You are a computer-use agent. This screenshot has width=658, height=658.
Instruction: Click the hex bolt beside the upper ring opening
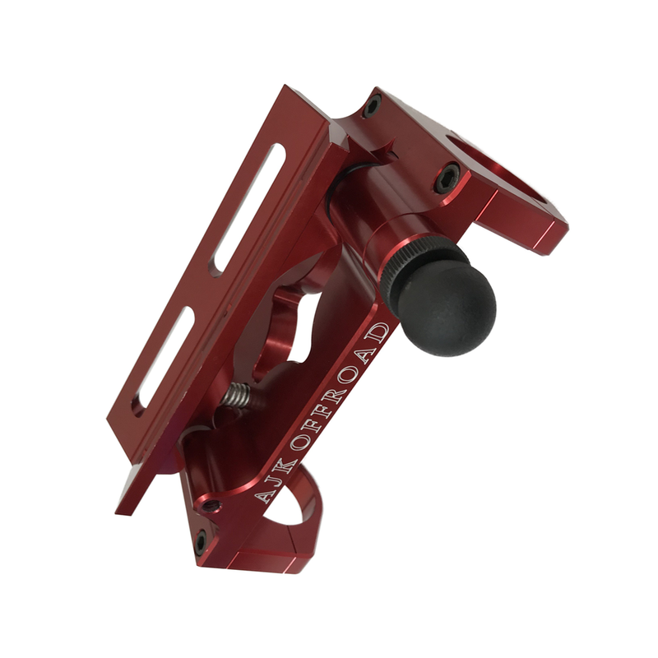point(447,174)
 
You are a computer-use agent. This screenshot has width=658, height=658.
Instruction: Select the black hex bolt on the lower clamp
point(200,541)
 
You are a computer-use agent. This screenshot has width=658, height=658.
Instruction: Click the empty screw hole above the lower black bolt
point(212,504)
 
